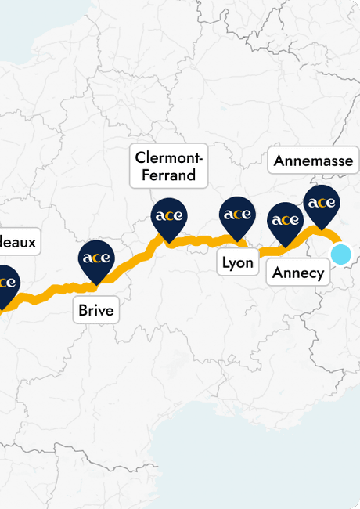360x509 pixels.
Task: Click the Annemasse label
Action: pyautogui.click(x=313, y=161)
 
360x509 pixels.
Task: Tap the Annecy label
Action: pyautogui.click(x=298, y=273)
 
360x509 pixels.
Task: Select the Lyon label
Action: pyautogui.click(x=237, y=262)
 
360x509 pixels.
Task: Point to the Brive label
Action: pyautogui.click(x=96, y=310)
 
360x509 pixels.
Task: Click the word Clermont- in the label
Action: pyautogui.click(x=168, y=157)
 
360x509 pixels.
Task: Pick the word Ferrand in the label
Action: pyautogui.click(x=168, y=175)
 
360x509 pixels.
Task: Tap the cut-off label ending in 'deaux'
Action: pyautogui.click(x=17, y=242)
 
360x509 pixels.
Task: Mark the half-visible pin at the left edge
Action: pyautogui.click(x=5, y=283)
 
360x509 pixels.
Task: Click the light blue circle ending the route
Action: pyautogui.click(x=341, y=254)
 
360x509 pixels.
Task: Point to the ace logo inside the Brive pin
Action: pyautogui.click(x=96, y=258)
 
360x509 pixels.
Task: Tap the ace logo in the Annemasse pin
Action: pyautogui.click(x=321, y=203)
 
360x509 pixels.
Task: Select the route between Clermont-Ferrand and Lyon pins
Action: pyautogui.click(x=202, y=240)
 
